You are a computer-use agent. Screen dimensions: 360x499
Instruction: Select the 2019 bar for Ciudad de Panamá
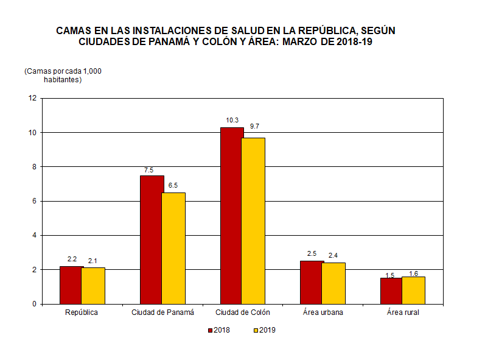(173, 248)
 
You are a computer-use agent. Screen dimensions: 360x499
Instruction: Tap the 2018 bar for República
(71, 284)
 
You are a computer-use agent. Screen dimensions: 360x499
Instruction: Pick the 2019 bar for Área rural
(413, 290)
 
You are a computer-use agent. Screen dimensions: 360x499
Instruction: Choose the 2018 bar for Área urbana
(312, 282)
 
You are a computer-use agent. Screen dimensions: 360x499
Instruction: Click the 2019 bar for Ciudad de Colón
(253, 221)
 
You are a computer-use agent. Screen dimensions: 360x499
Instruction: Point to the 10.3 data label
(232, 120)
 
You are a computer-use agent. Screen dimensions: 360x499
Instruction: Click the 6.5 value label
(173, 185)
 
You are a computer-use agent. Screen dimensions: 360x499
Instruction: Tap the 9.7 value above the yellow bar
(254, 127)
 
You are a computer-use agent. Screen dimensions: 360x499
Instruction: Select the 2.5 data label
(312, 253)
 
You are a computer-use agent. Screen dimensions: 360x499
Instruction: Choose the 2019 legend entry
(264, 330)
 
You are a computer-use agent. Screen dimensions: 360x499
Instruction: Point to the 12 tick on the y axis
(32, 98)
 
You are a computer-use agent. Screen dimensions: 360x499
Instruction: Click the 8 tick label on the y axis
(34, 167)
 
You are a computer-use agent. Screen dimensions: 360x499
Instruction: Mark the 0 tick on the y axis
(34, 304)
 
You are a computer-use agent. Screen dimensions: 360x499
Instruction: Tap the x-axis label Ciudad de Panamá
(162, 312)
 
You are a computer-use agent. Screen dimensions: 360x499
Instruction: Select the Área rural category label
(403, 312)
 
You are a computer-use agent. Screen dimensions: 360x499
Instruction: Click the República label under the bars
(81, 312)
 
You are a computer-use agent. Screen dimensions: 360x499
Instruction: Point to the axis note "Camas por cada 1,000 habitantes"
(63, 76)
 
